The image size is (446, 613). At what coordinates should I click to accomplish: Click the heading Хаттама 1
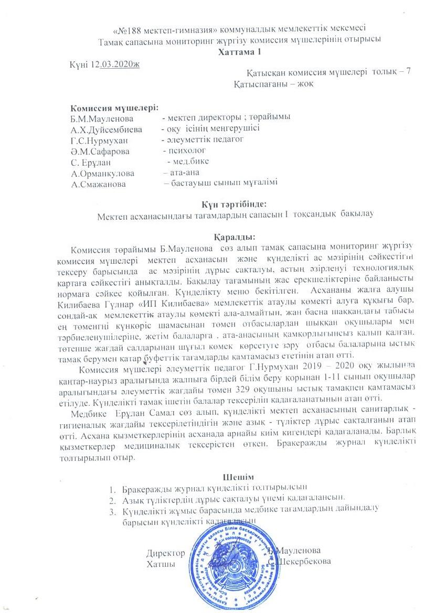pyautogui.click(x=239, y=51)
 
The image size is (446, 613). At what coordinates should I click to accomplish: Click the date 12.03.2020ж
pyautogui.click(x=117, y=63)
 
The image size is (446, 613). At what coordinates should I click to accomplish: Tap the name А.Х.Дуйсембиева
pyautogui.click(x=107, y=128)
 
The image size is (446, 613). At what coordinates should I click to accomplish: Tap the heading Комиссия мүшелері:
pyautogui.click(x=114, y=107)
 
